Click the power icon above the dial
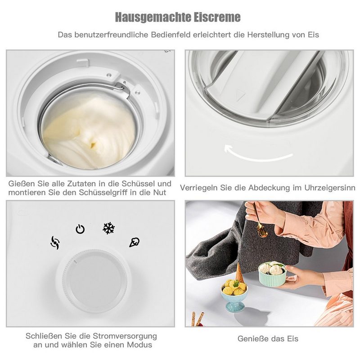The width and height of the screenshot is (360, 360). [x=80, y=229]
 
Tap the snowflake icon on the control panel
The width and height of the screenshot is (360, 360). [x=108, y=228]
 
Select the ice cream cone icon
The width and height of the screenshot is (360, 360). [x=134, y=243]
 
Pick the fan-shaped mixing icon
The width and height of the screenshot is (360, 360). [x=55, y=243]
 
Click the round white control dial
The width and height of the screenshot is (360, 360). [x=94, y=280]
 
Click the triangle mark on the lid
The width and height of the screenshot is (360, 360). [x=240, y=95]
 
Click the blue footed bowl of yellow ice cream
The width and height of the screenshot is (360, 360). [x=234, y=296]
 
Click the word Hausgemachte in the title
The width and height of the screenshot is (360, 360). [x=153, y=17]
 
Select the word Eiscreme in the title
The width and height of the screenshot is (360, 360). [x=217, y=17]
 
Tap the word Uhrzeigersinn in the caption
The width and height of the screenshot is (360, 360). [x=330, y=188]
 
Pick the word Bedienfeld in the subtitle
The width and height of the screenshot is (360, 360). [x=171, y=35]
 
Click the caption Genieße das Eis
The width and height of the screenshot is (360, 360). [x=268, y=338]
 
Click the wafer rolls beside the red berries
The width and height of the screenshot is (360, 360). [x=198, y=319]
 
